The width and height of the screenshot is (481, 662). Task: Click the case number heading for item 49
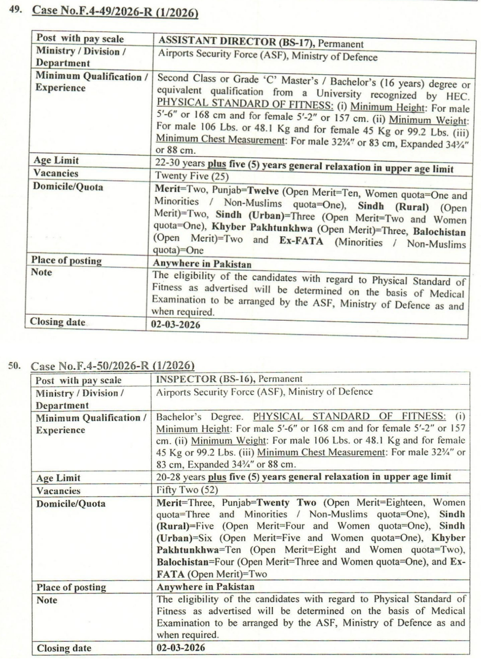(115, 11)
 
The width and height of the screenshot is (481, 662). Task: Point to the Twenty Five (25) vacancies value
(192, 176)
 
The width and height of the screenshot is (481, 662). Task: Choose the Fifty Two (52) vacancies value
(187, 490)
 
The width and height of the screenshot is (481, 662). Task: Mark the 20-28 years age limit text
(181, 477)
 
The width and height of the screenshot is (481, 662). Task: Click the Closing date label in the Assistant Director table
(58, 322)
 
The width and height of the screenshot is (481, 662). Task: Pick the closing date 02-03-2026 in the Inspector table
(181, 647)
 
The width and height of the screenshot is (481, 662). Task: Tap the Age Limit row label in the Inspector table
(58, 478)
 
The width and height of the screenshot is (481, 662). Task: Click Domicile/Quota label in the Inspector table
(71, 504)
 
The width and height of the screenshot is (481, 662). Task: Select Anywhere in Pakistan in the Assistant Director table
(202, 264)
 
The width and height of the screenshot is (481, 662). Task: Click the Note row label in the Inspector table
(47, 600)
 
